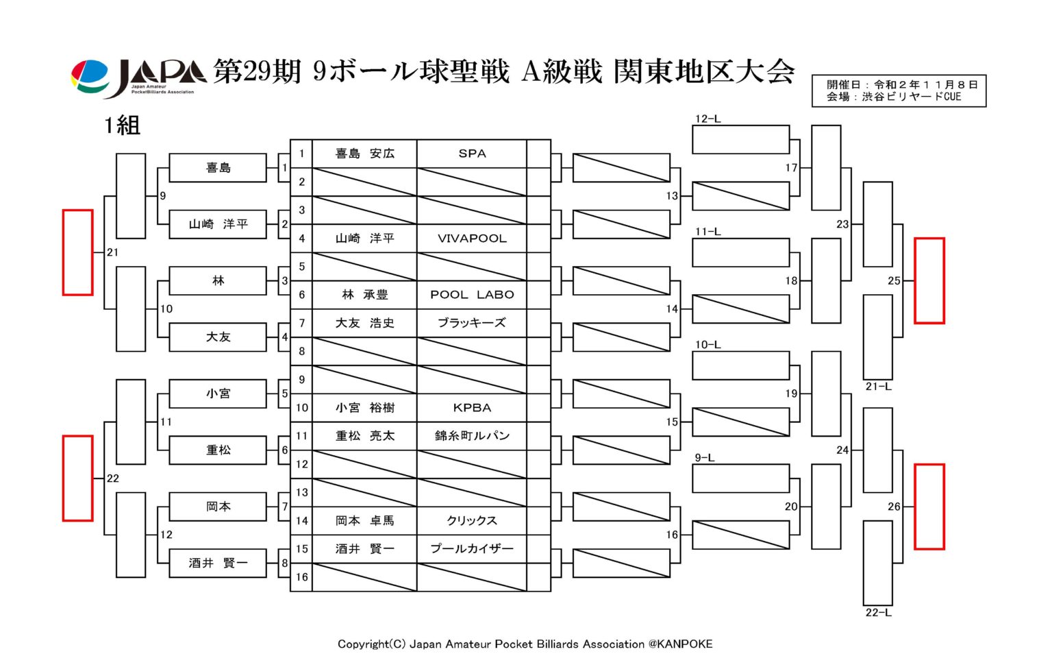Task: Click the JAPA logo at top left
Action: [138, 78]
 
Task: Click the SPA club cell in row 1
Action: [471, 154]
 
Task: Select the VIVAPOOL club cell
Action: [471, 239]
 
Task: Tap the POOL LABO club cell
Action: [471, 295]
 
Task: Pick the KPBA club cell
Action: [471, 407]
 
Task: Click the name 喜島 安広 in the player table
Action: [364, 154]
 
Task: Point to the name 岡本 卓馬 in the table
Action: [364, 520]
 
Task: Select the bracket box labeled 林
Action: [218, 280]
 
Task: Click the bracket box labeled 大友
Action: [218, 337]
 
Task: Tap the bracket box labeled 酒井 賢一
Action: [218, 563]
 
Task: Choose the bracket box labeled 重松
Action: [218, 450]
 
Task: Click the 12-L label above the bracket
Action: [707, 119]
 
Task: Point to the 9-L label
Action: [705, 457]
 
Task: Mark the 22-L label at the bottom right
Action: [878, 612]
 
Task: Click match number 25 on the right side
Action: [894, 280]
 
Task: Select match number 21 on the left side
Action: [112, 252]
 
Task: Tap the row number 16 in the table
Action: [301, 577]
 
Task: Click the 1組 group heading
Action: [122, 125]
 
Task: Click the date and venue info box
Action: [899, 90]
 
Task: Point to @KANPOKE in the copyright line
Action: [680, 644]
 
